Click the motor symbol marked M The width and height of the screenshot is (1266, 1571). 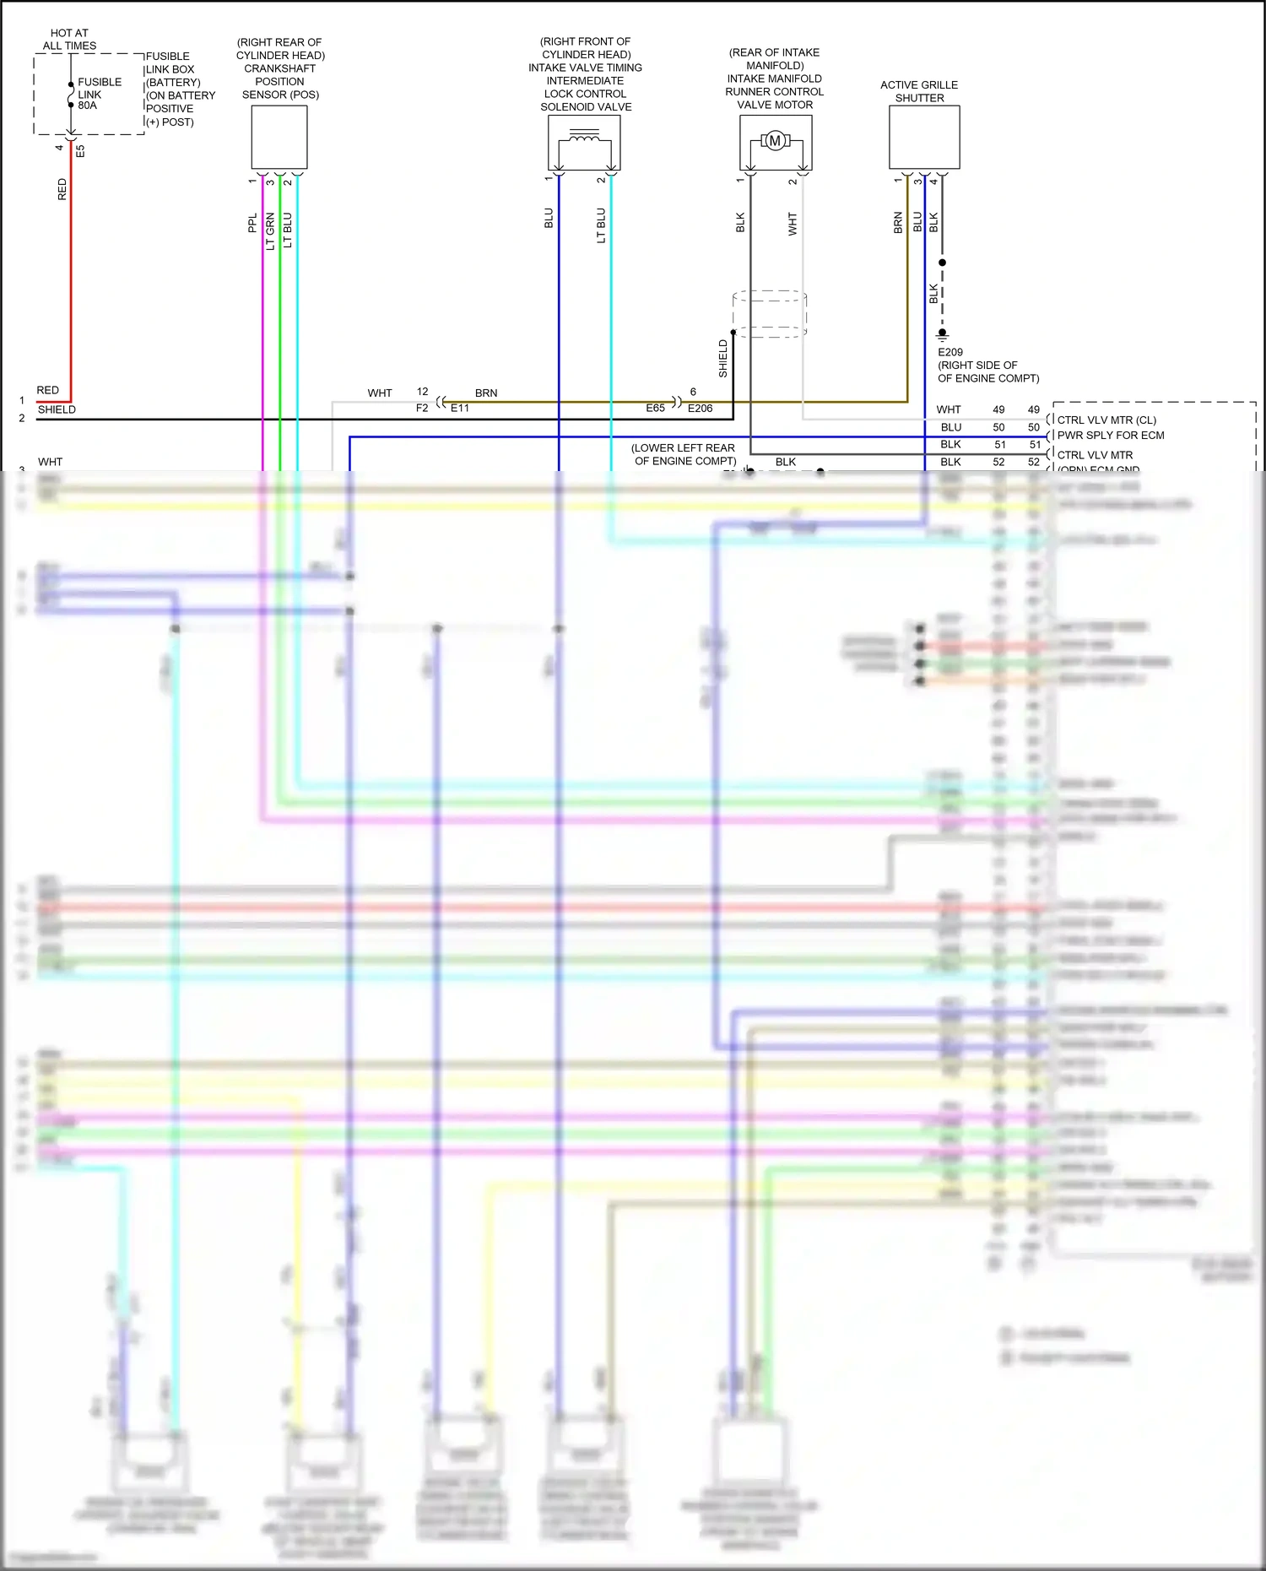(x=775, y=141)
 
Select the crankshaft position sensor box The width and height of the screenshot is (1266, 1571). (x=279, y=138)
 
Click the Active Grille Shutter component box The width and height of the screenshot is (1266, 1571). (x=924, y=138)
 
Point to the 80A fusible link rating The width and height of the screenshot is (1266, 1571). (x=88, y=106)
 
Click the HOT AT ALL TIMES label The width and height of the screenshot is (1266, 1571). (x=69, y=40)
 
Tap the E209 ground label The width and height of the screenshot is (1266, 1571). (x=950, y=352)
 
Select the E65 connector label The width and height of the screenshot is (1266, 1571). (x=655, y=408)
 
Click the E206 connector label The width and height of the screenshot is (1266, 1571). (x=701, y=408)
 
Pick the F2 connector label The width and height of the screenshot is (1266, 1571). (x=422, y=408)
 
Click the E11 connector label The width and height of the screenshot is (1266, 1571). (x=460, y=408)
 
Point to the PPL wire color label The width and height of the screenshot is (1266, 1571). (x=252, y=223)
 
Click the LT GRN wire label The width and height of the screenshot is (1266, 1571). (x=270, y=231)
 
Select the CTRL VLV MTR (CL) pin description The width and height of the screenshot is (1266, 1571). (x=1106, y=420)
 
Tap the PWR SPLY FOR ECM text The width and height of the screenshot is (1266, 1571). (x=1111, y=436)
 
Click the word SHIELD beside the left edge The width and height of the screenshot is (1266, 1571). (x=57, y=409)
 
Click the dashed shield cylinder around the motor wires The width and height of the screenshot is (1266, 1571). (x=770, y=314)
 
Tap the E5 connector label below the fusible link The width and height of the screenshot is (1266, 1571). (x=81, y=151)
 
